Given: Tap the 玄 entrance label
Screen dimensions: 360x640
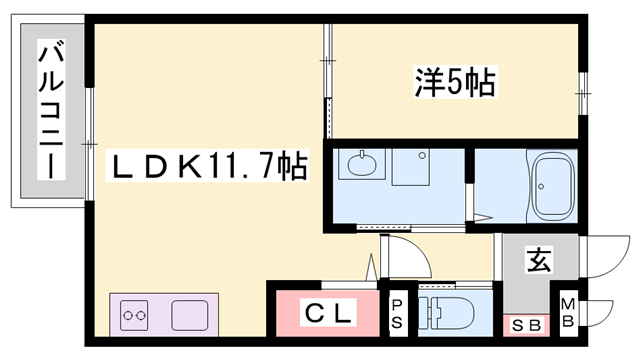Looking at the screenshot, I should tap(538, 263).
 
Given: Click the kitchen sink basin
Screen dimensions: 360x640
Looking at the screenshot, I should tap(193, 316).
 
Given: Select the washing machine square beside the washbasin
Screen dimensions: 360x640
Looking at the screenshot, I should tap(411, 168).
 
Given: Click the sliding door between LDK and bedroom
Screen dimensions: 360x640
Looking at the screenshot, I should tap(327, 80).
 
